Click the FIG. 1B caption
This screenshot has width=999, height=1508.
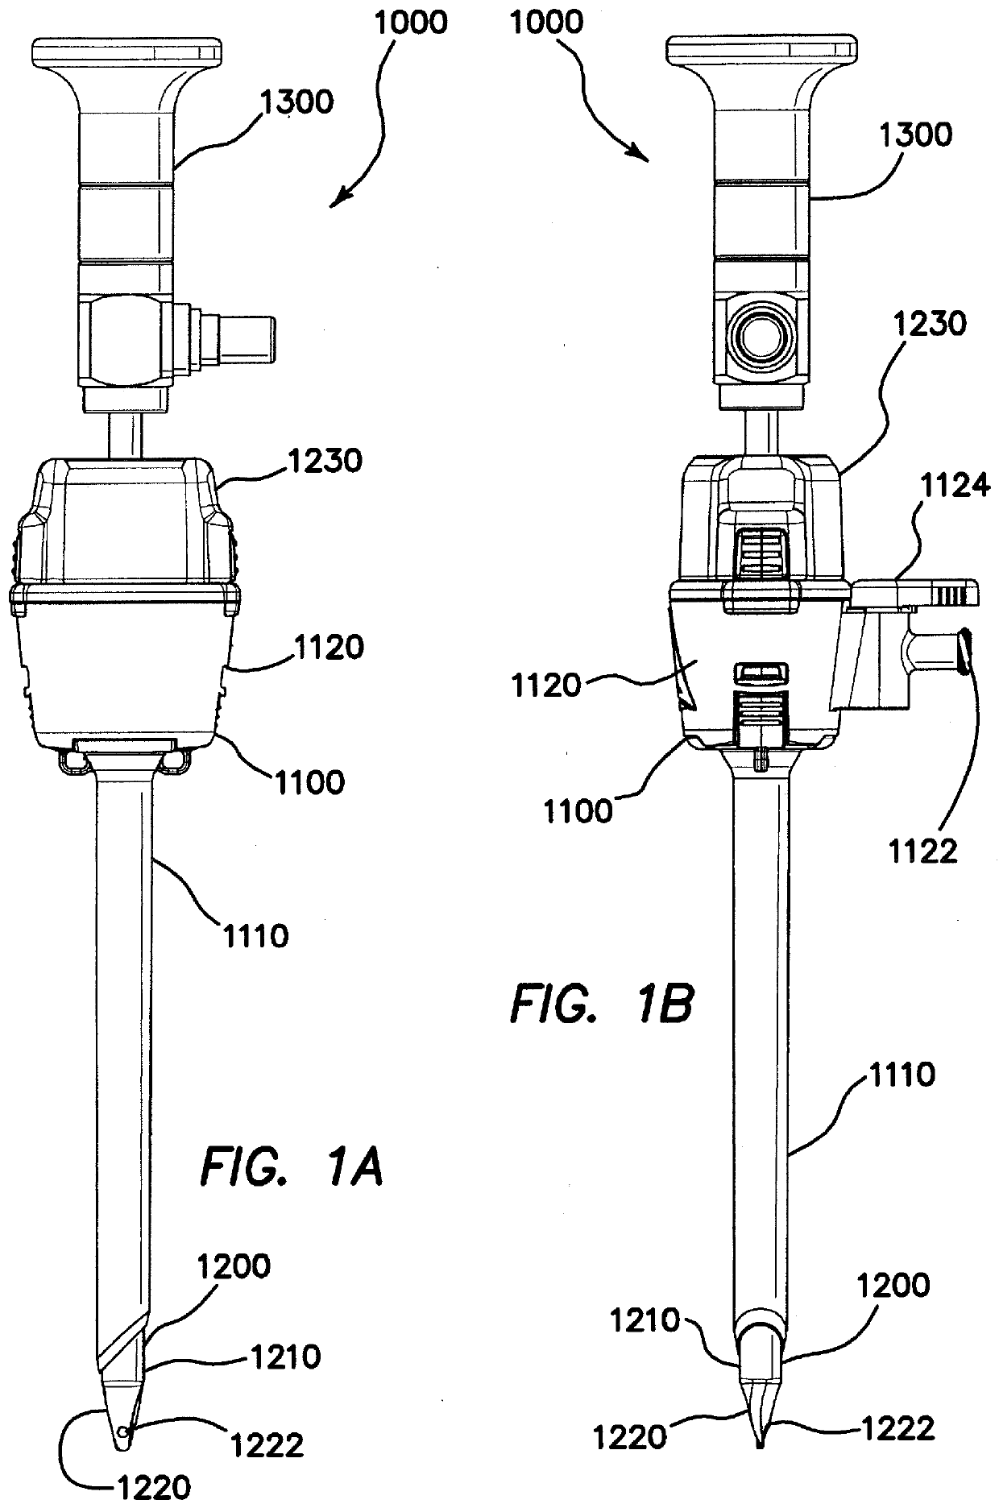pyautogui.click(x=601, y=1006)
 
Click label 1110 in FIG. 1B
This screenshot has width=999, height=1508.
pyautogui.click(x=901, y=1075)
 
